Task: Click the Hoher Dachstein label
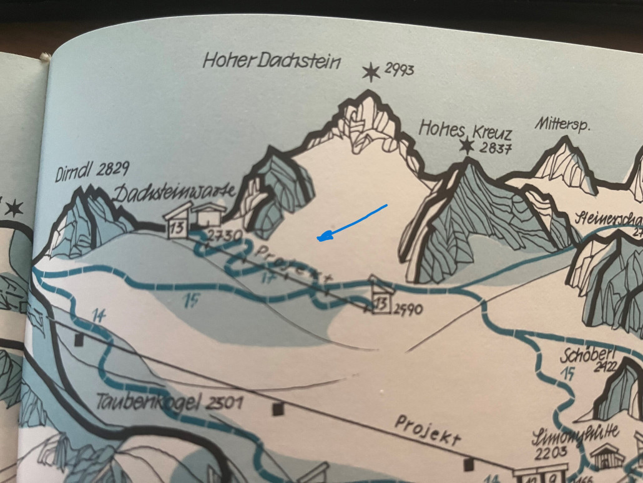pyautogui.click(x=272, y=61)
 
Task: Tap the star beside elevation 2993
pyautogui.click(x=371, y=72)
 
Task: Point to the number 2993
pyautogui.click(x=399, y=69)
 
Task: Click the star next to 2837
pyautogui.click(x=466, y=146)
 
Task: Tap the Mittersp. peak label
pyautogui.click(x=562, y=124)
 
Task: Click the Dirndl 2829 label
pyautogui.click(x=92, y=169)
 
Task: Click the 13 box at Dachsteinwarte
pyautogui.click(x=177, y=228)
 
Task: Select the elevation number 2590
pyautogui.click(x=409, y=308)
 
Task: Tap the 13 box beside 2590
pyautogui.click(x=381, y=304)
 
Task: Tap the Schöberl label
pyautogui.click(x=583, y=354)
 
